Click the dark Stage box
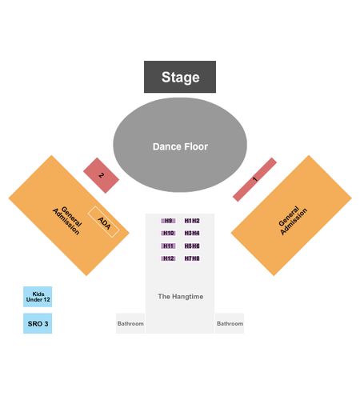click(180, 77)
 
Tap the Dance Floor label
click(180, 146)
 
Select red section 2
click(101, 175)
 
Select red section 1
click(254, 179)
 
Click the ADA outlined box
click(104, 222)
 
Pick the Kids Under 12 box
click(38, 297)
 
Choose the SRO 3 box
click(38, 323)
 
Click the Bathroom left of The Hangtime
click(130, 323)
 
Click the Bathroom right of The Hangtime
click(230, 323)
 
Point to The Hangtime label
click(181, 296)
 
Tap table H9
click(168, 221)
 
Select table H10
click(168, 234)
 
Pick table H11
click(168, 246)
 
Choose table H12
click(168, 258)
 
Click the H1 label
click(188, 221)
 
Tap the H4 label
click(196, 234)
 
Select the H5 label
click(188, 246)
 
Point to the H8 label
click(196, 258)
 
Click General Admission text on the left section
click(67, 220)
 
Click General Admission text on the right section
click(293, 221)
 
